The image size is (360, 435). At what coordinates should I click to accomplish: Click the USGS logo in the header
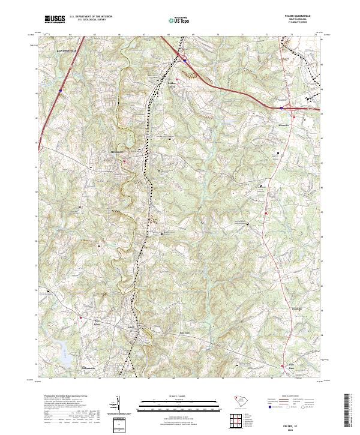click(55, 19)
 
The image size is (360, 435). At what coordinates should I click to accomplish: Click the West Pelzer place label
click(81, 322)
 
